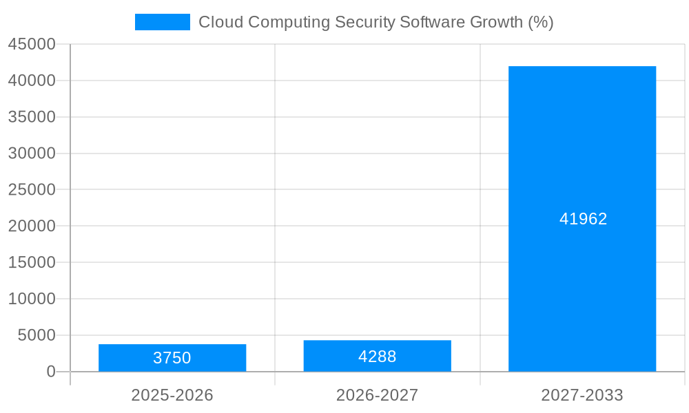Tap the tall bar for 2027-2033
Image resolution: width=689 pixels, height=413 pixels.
click(582, 138)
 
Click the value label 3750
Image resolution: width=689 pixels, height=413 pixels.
click(172, 358)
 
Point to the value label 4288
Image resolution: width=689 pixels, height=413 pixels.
click(377, 357)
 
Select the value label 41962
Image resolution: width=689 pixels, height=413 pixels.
click(583, 219)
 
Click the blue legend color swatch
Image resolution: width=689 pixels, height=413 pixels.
click(163, 22)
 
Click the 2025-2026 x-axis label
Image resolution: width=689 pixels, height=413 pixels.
click(172, 395)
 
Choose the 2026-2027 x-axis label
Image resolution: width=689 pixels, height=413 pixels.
click(377, 395)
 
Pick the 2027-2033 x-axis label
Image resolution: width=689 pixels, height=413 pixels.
click(582, 395)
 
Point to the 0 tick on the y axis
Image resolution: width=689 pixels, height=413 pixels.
click(51, 372)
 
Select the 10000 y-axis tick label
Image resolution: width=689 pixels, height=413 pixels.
click(32, 299)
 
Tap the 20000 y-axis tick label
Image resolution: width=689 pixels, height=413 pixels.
click(32, 226)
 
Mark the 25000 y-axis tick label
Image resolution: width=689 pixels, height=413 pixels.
click(32, 189)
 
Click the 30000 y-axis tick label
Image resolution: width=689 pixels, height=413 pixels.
click(32, 153)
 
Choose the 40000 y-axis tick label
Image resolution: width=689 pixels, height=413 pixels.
click(32, 81)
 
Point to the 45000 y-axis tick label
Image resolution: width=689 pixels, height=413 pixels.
click(32, 44)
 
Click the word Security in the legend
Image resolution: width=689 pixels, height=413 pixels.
click(364, 22)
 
